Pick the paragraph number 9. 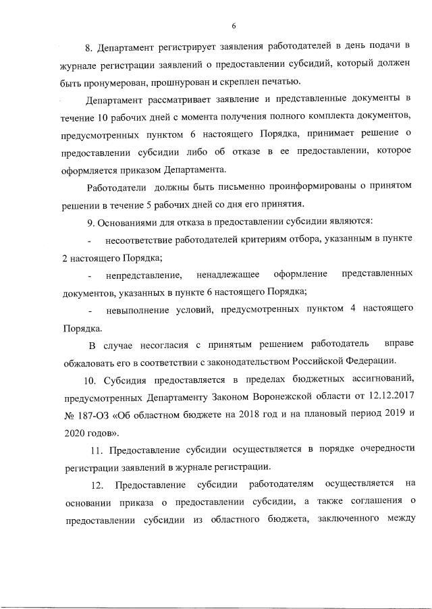[91, 221]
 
